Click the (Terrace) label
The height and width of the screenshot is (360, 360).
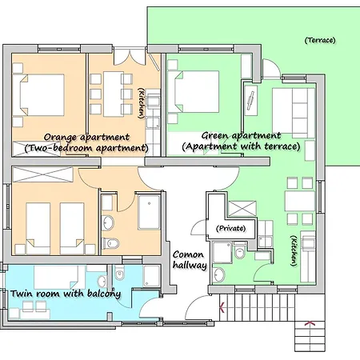click(x=320, y=40)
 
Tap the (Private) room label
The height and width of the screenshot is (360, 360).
click(x=230, y=228)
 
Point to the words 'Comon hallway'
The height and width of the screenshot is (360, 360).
click(x=190, y=260)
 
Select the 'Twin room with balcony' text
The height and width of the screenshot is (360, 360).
click(x=66, y=294)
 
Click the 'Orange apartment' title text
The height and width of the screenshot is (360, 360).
click(x=86, y=137)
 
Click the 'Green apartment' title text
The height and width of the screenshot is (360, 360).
click(x=241, y=135)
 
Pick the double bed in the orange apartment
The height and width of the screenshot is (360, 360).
click(x=38, y=94)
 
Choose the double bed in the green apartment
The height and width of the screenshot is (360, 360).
click(x=194, y=91)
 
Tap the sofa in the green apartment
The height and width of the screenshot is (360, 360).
click(x=294, y=111)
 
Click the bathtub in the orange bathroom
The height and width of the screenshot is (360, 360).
click(x=149, y=212)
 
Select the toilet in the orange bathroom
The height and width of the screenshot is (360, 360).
click(x=110, y=243)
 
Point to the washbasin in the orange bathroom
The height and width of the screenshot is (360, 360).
click(x=108, y=222)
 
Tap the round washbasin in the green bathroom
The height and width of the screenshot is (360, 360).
click(x=219, y=274)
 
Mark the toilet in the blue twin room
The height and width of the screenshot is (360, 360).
click(x=119, y=273)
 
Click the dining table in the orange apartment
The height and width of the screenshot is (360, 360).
click(x=114, y=94)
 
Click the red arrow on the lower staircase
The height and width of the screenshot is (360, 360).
click(x=310, y=323)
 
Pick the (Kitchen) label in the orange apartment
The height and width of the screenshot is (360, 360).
click(x=141, y=103)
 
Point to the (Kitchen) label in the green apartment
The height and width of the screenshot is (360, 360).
click(x=294, y=250)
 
